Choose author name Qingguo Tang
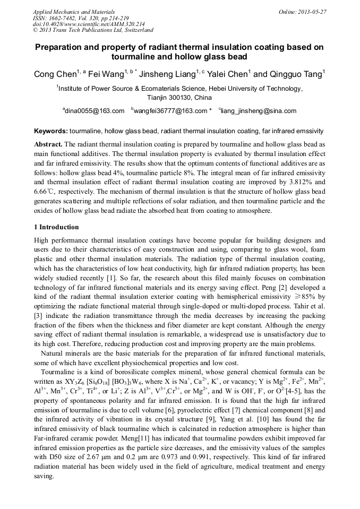pyautogui.click(x=295, y=75)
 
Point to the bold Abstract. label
pyautogui.click(x=48, y=144)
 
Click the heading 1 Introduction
pyautogui.click(x=56, y=227)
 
